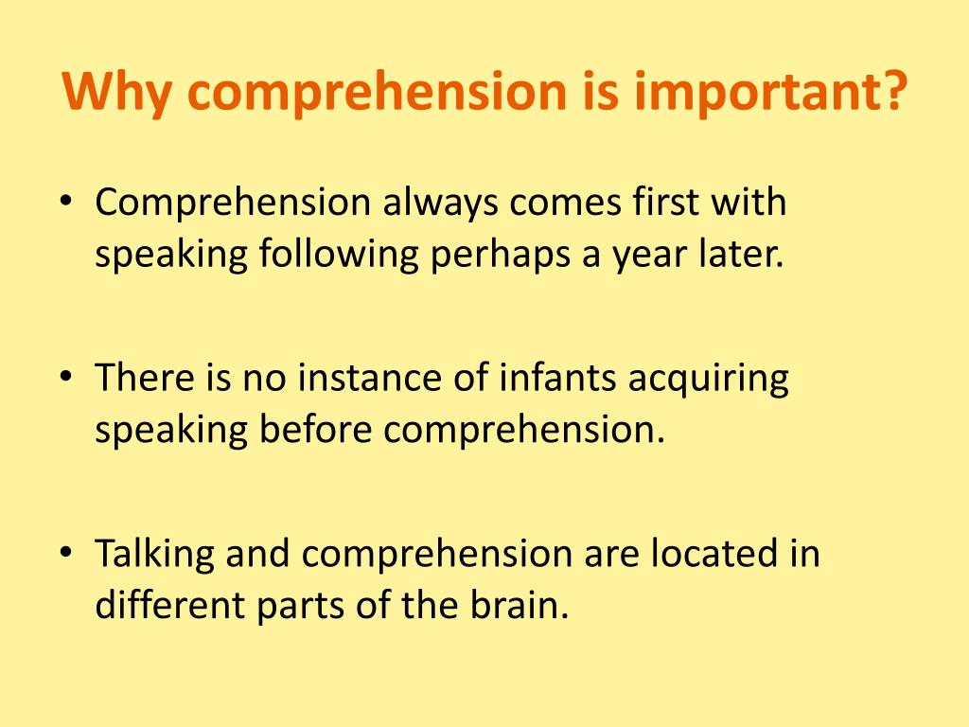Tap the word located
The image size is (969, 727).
712,554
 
